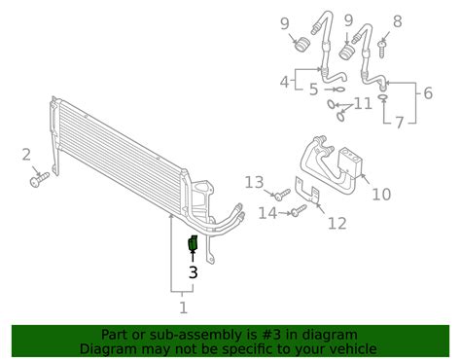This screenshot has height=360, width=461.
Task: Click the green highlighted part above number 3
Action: (193, 243)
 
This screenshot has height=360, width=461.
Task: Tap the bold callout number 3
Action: (194, 272)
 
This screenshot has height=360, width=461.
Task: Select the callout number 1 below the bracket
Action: (184, 307)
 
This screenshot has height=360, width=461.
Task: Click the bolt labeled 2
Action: (39, 179)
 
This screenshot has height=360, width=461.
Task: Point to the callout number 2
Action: (26, 155)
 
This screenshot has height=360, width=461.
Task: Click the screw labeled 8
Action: (382, 49)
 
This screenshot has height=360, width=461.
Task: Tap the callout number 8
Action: (398, 21)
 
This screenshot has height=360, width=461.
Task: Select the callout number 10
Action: (381, 195)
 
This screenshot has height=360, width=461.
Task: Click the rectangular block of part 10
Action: (350, 162)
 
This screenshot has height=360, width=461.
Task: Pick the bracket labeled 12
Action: (307, 192)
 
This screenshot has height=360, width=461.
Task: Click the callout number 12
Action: (337, 223)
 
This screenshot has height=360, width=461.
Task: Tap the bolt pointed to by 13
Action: (282, 195)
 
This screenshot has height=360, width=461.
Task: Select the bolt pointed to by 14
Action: (299, 210)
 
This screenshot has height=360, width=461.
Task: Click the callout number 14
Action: (267, 213)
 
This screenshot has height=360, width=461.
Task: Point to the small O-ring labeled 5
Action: (339, 90)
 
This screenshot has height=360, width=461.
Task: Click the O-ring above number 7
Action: (383, 97)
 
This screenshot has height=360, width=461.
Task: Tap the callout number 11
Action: (363, 104)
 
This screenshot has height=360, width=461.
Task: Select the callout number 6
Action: (428, 93)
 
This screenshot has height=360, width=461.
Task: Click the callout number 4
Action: (284, 82)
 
